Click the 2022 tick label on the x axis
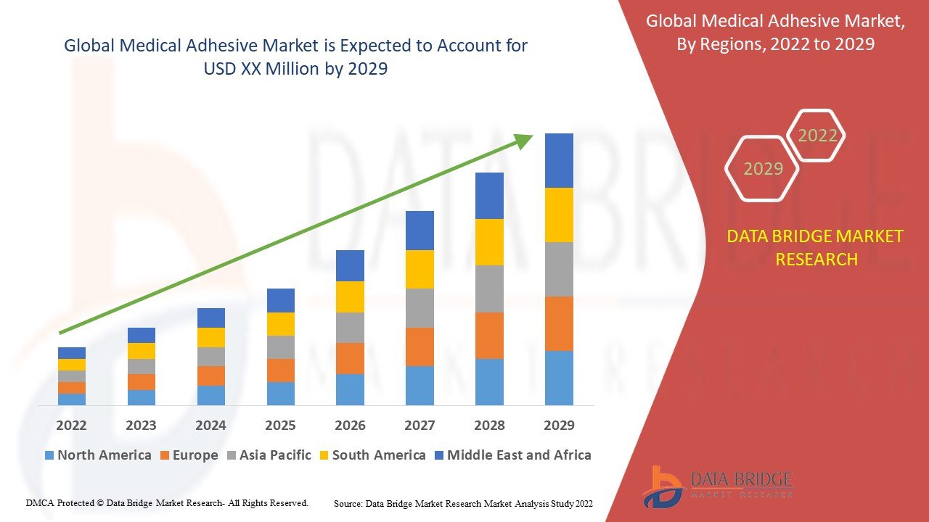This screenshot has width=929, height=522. tap(71, 425)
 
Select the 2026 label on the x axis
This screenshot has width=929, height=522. tap(350, 425)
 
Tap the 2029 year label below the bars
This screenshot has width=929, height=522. tap(559, 425)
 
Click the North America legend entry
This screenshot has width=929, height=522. tap(98, 455)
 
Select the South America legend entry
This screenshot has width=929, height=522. tap(372, 455)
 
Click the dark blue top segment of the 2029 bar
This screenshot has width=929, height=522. tap(559, 160)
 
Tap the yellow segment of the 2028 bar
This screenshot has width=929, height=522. tap(489, 242)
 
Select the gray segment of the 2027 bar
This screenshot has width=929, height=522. tap(420, 308)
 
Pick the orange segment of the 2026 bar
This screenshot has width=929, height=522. tap(350, 358)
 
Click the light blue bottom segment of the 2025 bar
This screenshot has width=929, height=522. tap(280, 393)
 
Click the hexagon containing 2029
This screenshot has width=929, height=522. tap(762, 169)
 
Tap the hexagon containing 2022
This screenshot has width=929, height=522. tap(817, 136)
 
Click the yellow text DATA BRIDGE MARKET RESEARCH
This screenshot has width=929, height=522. tap(816, 248)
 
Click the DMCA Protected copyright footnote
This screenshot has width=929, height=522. tap(167, 502)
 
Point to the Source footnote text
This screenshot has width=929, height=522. tap(463, 503)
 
